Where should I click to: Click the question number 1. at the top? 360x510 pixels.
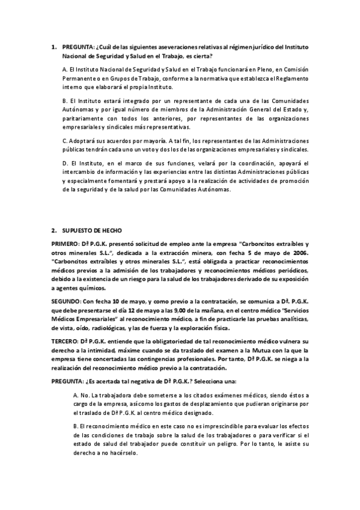[53, 46]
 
